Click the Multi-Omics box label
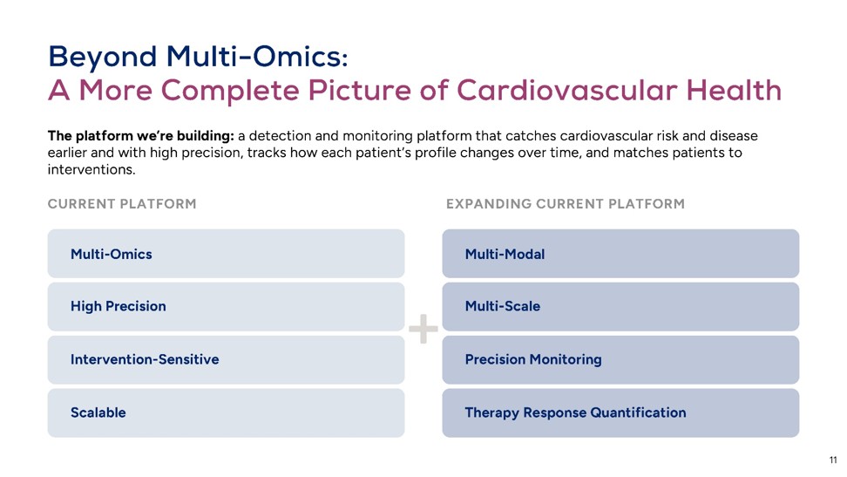pos(112,254)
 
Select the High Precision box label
pos(119,307)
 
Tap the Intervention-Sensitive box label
pos(145,359)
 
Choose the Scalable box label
pos(98,412)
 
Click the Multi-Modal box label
pos(505,254)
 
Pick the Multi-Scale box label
pos(503,306)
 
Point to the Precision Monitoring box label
pos(533,359)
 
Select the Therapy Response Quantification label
pos(576,413)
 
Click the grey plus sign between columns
pos(423,329)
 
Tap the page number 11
pos(833,460)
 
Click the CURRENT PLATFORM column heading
pos(122,204)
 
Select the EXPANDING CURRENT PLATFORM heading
pos(566,204)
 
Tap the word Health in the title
pos(734,90)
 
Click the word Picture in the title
pos(359,91)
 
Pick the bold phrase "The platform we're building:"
pos(141,136)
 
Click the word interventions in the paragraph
pos(91,170)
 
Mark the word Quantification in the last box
pos(639,413)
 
